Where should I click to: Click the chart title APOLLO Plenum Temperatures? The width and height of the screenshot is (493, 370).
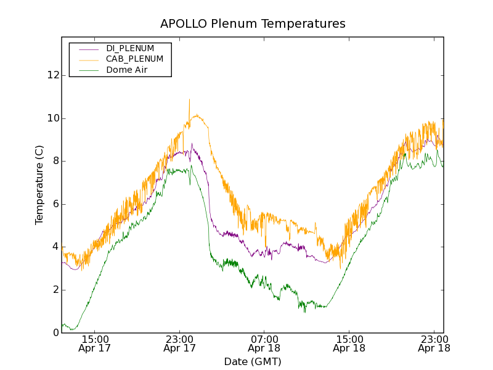[x=253, y=24]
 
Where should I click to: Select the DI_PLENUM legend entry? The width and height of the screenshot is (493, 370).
[x=130, y=48]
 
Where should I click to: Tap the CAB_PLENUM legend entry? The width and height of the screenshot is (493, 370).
[x=134, y=59]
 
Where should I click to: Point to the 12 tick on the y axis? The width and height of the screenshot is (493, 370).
[x=52, y=75]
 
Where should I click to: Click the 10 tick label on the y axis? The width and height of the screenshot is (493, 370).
[x=52, y=118]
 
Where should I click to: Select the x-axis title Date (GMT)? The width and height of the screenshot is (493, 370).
[x=253, y=361]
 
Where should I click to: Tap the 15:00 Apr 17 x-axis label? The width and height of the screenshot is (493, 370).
[x=95, y=343]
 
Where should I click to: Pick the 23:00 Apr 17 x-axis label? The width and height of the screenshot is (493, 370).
[x=179, y=343]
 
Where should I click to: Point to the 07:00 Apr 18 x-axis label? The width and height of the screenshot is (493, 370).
[x=264, y=343]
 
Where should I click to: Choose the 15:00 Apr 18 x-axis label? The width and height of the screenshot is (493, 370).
[x=349, y=343]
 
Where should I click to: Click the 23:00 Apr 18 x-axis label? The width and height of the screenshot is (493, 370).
[x=434, y=343]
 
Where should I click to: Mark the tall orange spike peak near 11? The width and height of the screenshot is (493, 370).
[x=189, y=99]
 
